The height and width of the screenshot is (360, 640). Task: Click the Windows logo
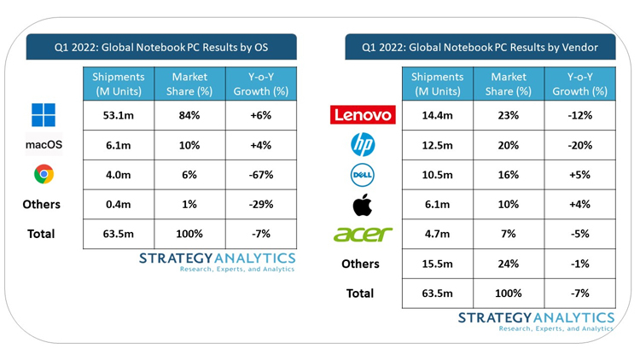44,115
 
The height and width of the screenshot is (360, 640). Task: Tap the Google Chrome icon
44,174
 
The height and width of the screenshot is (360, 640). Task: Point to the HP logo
363,145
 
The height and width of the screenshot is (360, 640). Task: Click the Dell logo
363,175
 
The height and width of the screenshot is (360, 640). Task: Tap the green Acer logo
363,234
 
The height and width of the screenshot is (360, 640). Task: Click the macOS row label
44,145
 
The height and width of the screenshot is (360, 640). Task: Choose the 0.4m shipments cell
118,205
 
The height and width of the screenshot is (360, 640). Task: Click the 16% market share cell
509,175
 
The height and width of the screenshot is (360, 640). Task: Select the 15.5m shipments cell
437,264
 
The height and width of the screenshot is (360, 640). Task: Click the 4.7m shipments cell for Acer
437,234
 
